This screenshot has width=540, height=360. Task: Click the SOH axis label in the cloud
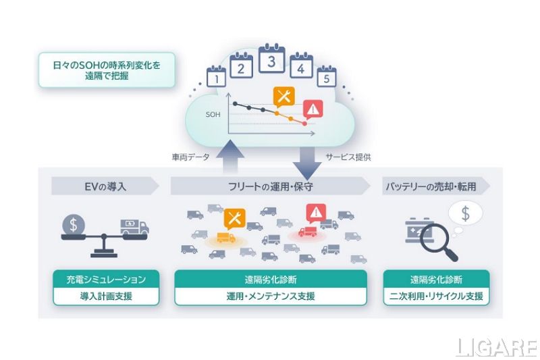tap(213, 115)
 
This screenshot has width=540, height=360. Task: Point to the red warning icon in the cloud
tap(313, 109)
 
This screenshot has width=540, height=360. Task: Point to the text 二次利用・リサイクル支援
tap(435, 296)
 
